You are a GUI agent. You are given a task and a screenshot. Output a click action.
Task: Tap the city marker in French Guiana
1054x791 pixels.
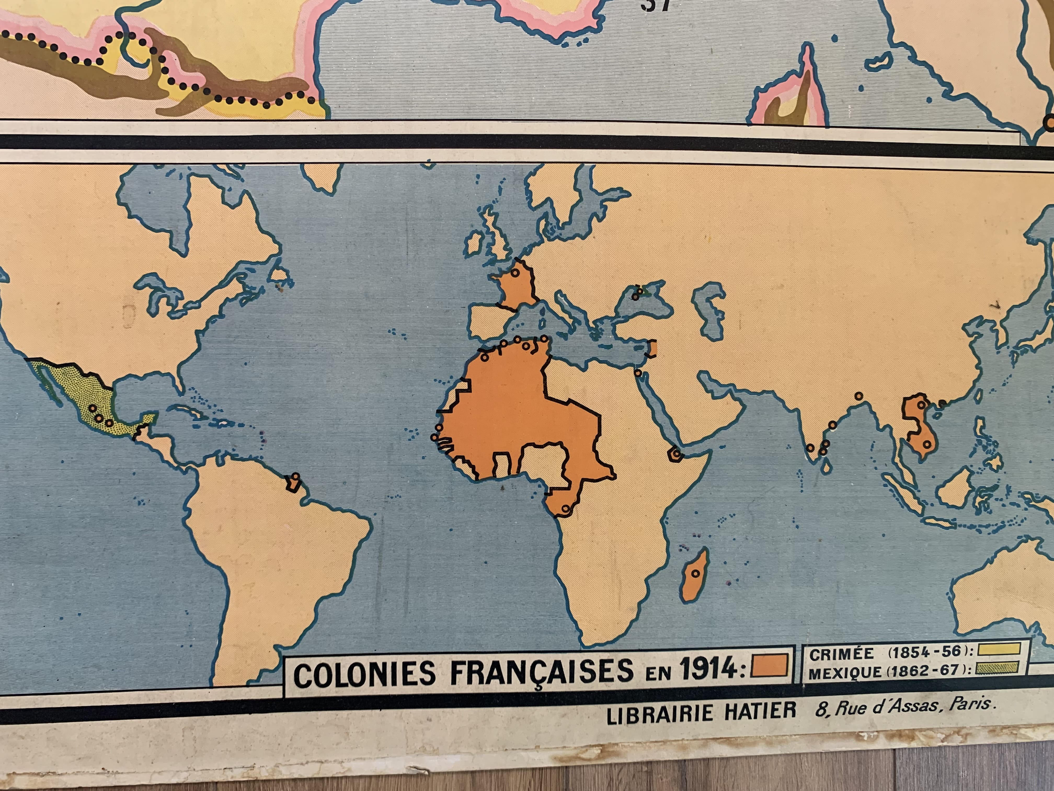click(295, 476)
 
